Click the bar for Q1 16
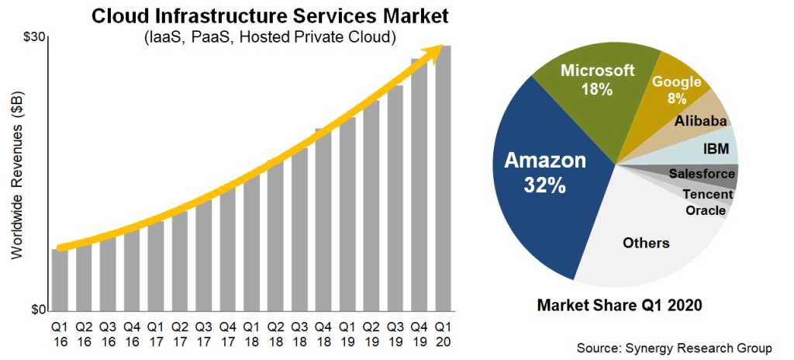coord(60,279)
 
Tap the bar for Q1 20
coord(443,178)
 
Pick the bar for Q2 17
coord(179,261)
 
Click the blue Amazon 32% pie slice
coord(544,178)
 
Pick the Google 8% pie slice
coord(676,89)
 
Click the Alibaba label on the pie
coord(700,121)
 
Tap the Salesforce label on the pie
coord(701,174)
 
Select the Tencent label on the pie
coord(707,194)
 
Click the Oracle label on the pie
coord(706,210)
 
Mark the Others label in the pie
coord(646,244)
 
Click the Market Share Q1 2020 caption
coord(620,305)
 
